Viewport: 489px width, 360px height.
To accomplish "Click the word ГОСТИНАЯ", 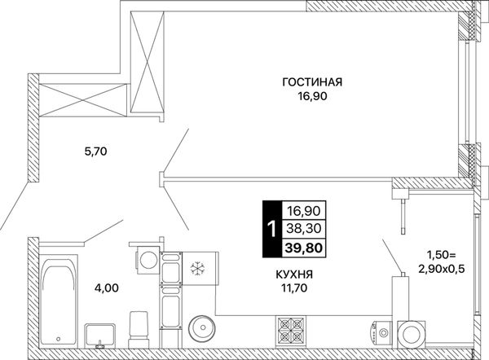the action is click(x=312, y=82).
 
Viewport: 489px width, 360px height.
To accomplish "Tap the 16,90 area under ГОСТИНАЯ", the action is click(x=312, y=96).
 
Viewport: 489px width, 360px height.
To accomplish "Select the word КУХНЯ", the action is click(x=294, y=274).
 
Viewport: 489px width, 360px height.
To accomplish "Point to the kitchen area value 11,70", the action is click(x=294, y=288).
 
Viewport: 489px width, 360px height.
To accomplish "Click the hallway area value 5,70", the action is click(x=95, y=151).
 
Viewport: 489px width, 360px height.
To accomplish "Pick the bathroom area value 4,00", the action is click(x=106, y=288).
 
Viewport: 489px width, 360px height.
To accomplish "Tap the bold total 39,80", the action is click(x=303, y=248).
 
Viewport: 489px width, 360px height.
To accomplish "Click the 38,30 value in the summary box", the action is click(x=304, y=229).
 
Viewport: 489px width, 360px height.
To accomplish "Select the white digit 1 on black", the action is click(x=272, y=229).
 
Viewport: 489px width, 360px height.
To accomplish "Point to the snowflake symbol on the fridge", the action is click(x=197, y=268).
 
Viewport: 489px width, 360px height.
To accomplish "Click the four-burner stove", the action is click(x=291, y=331).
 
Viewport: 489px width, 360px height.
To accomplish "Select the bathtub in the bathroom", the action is click(x=59, y=301).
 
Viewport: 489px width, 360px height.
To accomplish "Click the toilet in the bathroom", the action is click(x=138, y=329).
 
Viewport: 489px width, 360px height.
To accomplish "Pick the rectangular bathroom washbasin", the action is click(x=99, y=336).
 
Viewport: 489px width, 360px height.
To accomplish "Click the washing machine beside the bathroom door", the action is click(x=148, y=260).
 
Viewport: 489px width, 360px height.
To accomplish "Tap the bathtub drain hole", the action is click(x=59, y=339).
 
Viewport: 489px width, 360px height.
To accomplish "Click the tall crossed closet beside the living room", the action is click(x=147, y=63).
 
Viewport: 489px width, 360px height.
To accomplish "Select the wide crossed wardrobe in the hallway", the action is click(x=83, y=100).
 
